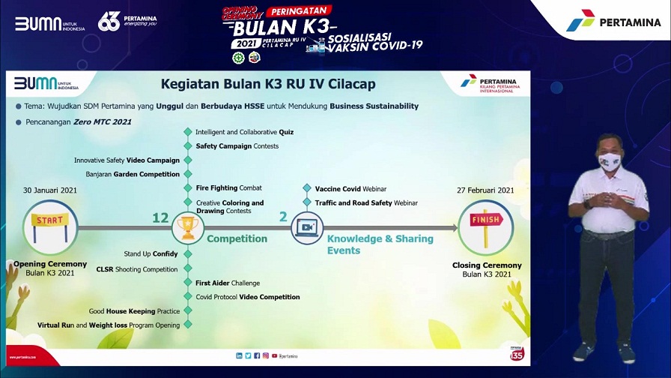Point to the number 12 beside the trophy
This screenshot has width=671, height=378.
pyautogui.click(x=160, y=217)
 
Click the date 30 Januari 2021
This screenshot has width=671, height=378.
pyautogui.click(x=50, y=190)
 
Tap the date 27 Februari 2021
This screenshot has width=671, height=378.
pyautogui.click(x=485, y=190)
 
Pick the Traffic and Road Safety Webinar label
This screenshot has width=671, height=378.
pyautogui.click(x=366, y=203)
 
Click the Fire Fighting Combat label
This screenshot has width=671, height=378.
pyautogui.click(x=229, y=188)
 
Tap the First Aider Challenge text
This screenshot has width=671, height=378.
pyautogui.click(x=228, y=283)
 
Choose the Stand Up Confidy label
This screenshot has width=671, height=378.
pyautogui.click(x=151, y=254)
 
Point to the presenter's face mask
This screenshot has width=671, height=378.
pyautogui.click(x=609, y=159)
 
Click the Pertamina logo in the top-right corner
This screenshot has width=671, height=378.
pyautogui.click(x=613, y=21)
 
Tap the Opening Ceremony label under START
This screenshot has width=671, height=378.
pyautogui.click(x=50, y=265)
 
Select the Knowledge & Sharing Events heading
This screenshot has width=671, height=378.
pyautogui.click(x=380, y=244)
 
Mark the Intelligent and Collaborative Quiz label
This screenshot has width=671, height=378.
pyautogui.click(x=244, y=132)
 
